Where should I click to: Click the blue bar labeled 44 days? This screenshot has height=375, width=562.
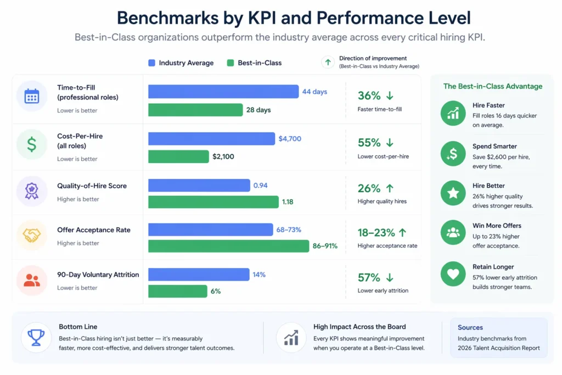click(x=223, y=92)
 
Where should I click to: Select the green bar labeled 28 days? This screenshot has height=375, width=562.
click(x=195, y=110)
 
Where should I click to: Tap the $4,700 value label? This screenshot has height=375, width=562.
click(x=290, y=139)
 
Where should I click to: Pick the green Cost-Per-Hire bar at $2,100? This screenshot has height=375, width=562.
click(x=178, y=156)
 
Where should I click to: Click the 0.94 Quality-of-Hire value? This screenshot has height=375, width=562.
click(x=260, y=186)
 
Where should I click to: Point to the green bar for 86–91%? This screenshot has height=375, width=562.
click(x=228, y=246)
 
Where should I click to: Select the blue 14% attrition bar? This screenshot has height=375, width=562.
click(x=199, y=275)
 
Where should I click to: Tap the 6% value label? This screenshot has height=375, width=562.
click(x=216, y=292)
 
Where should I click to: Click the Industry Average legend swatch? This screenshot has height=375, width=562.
click(x=152, y=63)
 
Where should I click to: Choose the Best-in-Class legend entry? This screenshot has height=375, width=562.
click(x=254, y=63)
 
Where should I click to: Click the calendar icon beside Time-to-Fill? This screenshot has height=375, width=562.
click(x=32, y=96)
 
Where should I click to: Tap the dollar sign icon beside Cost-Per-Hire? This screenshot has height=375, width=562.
click(x=32, y=144)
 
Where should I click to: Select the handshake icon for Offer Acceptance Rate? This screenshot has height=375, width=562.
click(x=32, y=236)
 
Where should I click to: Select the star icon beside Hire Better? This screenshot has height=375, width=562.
click(x=453, y=193)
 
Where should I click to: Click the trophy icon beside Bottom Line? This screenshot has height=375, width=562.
click(x=36, y=337)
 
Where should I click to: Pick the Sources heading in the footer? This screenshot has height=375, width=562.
click(x=470, y=327)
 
